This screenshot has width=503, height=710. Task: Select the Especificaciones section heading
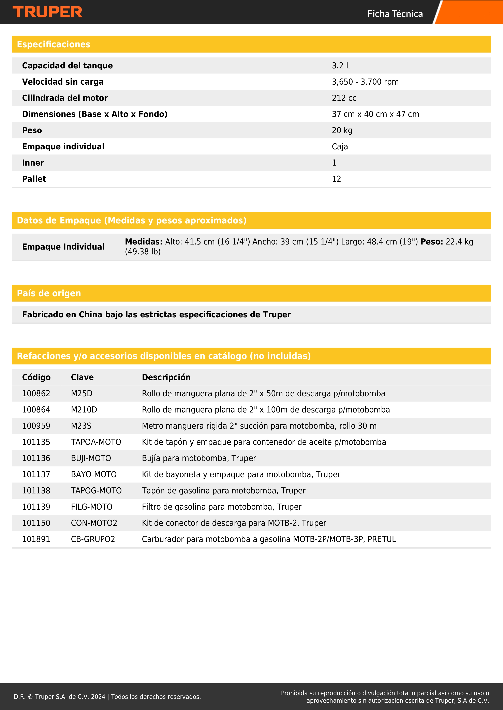point(54,44)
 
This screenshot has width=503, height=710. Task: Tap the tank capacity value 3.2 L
point(341,66)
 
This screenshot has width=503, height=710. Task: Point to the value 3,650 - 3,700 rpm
point(365,82)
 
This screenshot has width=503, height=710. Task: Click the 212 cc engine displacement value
point(344,98)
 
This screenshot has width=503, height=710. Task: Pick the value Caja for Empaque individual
point(340,147)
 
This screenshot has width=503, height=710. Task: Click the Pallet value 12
point(336,179)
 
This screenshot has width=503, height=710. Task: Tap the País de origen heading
point(49,293)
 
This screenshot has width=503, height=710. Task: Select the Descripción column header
point(166,377)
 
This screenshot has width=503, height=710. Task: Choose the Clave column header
point(82,377)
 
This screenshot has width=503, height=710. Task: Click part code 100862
point(36,394)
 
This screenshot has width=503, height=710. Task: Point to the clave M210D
point(84,410)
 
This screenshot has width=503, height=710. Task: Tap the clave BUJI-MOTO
point(91,458)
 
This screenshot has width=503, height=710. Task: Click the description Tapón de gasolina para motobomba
point(223,491)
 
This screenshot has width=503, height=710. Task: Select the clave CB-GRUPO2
point(93,539)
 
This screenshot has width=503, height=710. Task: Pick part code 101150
point(36,523)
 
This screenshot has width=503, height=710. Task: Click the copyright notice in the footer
point(107,697)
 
